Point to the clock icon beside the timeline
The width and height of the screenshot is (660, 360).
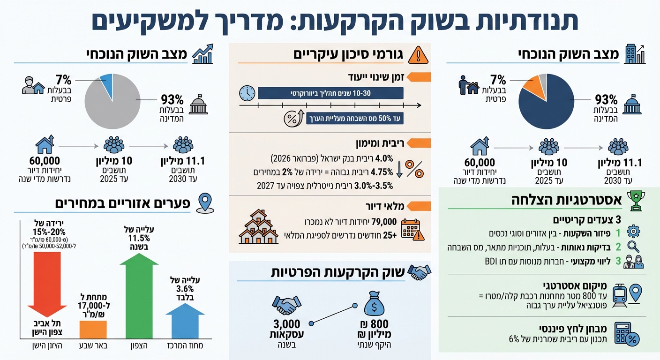(247, 93)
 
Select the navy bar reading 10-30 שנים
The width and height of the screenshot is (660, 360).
(330, 93)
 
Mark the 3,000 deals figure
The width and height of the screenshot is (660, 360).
(286, 324)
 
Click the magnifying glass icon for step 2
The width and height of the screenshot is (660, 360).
(633, 246)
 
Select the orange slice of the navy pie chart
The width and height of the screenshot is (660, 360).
(532, 84)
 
